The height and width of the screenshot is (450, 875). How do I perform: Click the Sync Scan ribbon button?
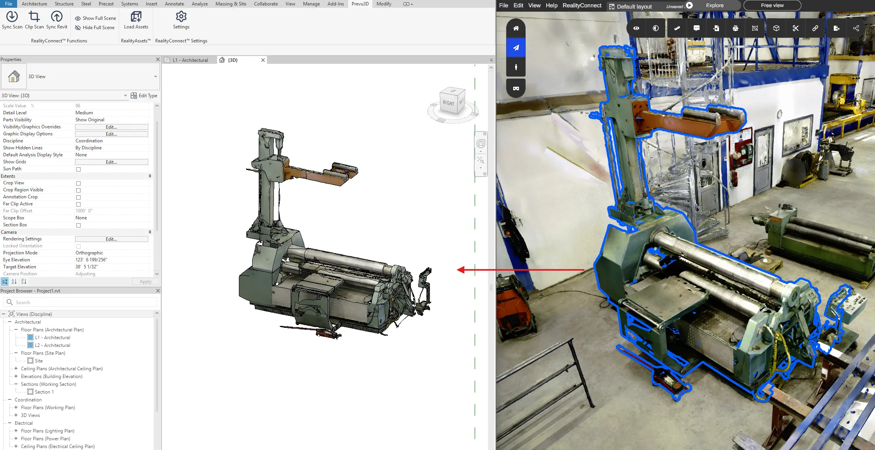(x=12, y=20)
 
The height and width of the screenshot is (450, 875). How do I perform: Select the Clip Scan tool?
(x=34, y=20)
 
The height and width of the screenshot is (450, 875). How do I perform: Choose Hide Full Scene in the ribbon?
(x=95, y=28)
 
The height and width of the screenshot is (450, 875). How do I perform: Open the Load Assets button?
(x=136, y=20)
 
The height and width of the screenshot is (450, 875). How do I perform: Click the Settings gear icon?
(x=181, y=16)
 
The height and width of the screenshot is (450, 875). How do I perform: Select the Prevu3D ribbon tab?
(x=360, y=4)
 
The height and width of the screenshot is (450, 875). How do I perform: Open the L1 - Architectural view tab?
(x=190, y=60)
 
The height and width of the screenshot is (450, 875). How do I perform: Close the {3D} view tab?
(x=263, y=60)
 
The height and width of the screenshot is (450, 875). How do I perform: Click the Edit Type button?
(x=144, y=96)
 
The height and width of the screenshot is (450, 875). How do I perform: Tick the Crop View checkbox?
(x=78, y=183)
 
